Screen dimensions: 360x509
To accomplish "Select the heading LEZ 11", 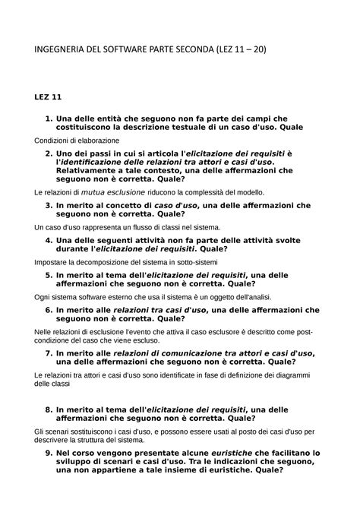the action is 49,98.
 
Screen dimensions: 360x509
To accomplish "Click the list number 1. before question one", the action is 49,118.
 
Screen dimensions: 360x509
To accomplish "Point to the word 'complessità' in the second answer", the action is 197,193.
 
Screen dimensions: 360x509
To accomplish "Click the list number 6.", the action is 49,309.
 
